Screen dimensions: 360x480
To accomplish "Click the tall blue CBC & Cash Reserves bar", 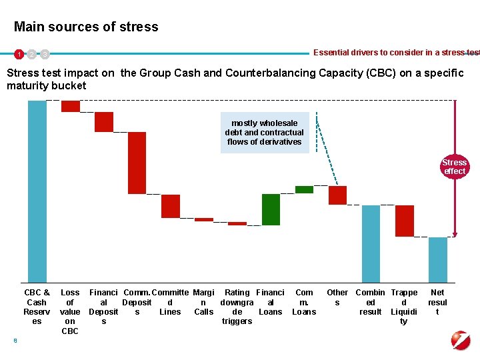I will pyautogui.click(x=37, y=191).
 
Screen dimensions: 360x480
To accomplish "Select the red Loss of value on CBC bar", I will pyautogui.click(x=71, y=106).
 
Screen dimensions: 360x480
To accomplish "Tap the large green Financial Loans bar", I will pyautogui.click(x=271, y=209).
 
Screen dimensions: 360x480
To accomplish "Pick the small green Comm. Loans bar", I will pyautogui.click(x=304, y=189).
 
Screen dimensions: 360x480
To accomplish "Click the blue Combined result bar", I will pyautogui.click(x=371, y=243).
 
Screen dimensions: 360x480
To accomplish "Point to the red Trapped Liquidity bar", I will pyautogui.click(x=405, y=221).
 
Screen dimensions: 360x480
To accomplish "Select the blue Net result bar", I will pyautogui.click(x=438, y=259).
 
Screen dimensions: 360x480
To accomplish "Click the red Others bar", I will pyautogui.click(x=338, y=195).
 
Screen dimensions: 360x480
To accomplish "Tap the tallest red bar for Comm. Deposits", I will pyautogui.click(x=137, y=163).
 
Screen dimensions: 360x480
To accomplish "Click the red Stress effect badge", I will pyautogui.click(x=455, y=167).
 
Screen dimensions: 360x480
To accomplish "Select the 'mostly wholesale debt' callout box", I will pyautogui.click(x=265, y=133).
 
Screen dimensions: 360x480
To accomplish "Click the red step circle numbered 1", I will pyautogui.click(x=20, y=53).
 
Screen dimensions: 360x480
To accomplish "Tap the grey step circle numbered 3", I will pyautogui.click(x=44, y=53).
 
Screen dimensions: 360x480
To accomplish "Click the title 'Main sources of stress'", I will pyautogui.click(x=86, y=27).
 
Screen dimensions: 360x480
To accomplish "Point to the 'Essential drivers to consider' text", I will pyautogui.click(x=396, y=53).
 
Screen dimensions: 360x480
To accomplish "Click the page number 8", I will pyautogui.click(x=15, y=341).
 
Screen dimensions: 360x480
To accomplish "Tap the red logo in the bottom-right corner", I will pyautogui.click(x=461, y=340).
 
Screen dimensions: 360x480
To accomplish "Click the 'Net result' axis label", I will pyautogui.click(x=437, y=302).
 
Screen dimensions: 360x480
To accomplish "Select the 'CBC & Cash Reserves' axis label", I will pyautogui.click(x=37, y=307).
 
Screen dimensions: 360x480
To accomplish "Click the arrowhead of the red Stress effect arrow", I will pyautogui.click(x=455, y=234).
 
